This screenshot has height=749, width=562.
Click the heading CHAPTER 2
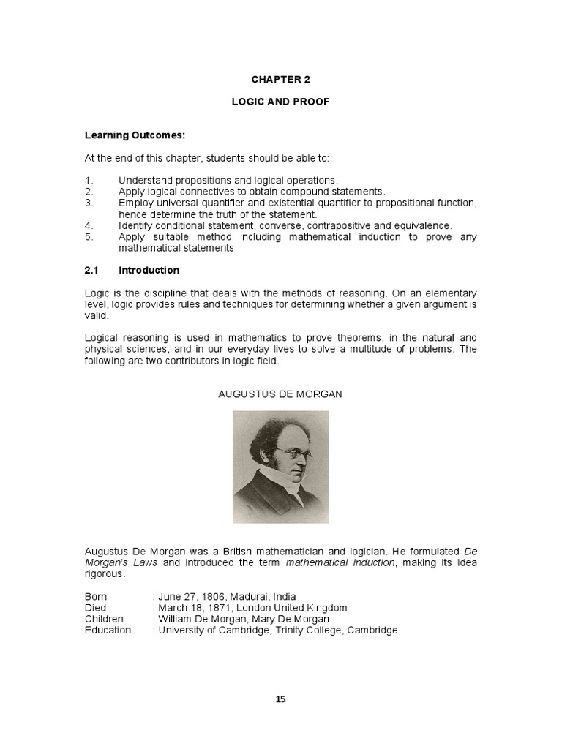[x=280, y=80]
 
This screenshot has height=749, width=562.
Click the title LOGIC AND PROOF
[x=280, y=102]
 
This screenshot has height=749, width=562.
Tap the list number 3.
[x=88, y=203]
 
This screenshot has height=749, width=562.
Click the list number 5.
[x=88, y=237]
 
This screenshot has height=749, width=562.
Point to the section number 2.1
[x=91, y=270]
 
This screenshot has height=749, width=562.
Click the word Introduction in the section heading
[x=149, y=270]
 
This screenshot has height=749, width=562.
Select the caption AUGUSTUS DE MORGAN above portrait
[x=280, y=394]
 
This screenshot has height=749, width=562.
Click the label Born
[x=96, y=597]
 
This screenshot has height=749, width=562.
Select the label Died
[x=95, y=608]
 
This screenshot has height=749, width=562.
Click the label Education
[x=108, y=630]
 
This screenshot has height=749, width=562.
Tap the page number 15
[x=281, y=699]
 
